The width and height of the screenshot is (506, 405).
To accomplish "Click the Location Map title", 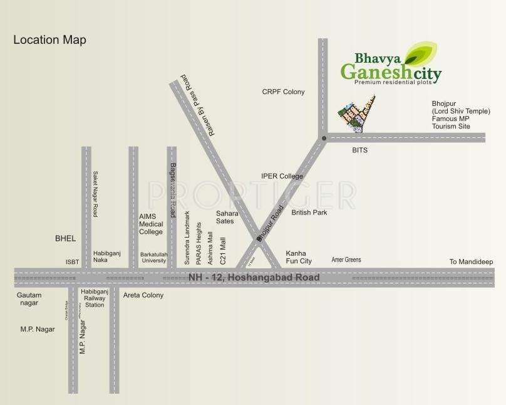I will tap(49, 40).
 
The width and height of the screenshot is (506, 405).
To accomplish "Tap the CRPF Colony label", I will tap(283, 92).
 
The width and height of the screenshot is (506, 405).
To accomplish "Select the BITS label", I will tap(359, 150).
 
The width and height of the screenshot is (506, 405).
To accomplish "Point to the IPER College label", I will tap(282, 177).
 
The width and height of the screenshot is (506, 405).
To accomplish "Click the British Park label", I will tap(309, 213).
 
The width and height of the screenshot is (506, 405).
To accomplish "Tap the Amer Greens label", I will tap(346, 260).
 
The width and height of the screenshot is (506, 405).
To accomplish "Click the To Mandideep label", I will tap(471, 261).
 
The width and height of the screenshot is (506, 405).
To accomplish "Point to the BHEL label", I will tap(65, 238).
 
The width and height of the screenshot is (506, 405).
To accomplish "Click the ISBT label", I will tap(73, 262).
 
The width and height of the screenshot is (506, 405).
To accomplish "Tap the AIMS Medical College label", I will tap(151, 224).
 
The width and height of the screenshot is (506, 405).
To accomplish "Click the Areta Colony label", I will tap(143, 295).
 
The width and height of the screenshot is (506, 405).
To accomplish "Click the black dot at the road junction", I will tap(324, 138).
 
